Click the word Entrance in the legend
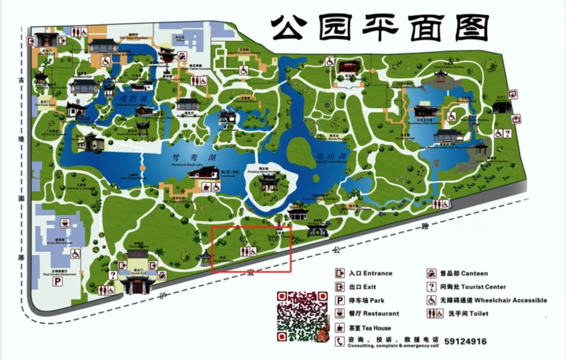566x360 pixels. coord(377,274)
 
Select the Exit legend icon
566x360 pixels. coord(339,287)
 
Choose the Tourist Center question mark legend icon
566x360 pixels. coord(432,287)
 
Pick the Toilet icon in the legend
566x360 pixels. coord(432,314)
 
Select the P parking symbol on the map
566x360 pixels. coord(55,282)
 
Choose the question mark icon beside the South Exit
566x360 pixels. coord(113,275)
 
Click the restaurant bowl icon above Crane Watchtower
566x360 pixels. coord(65,223)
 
